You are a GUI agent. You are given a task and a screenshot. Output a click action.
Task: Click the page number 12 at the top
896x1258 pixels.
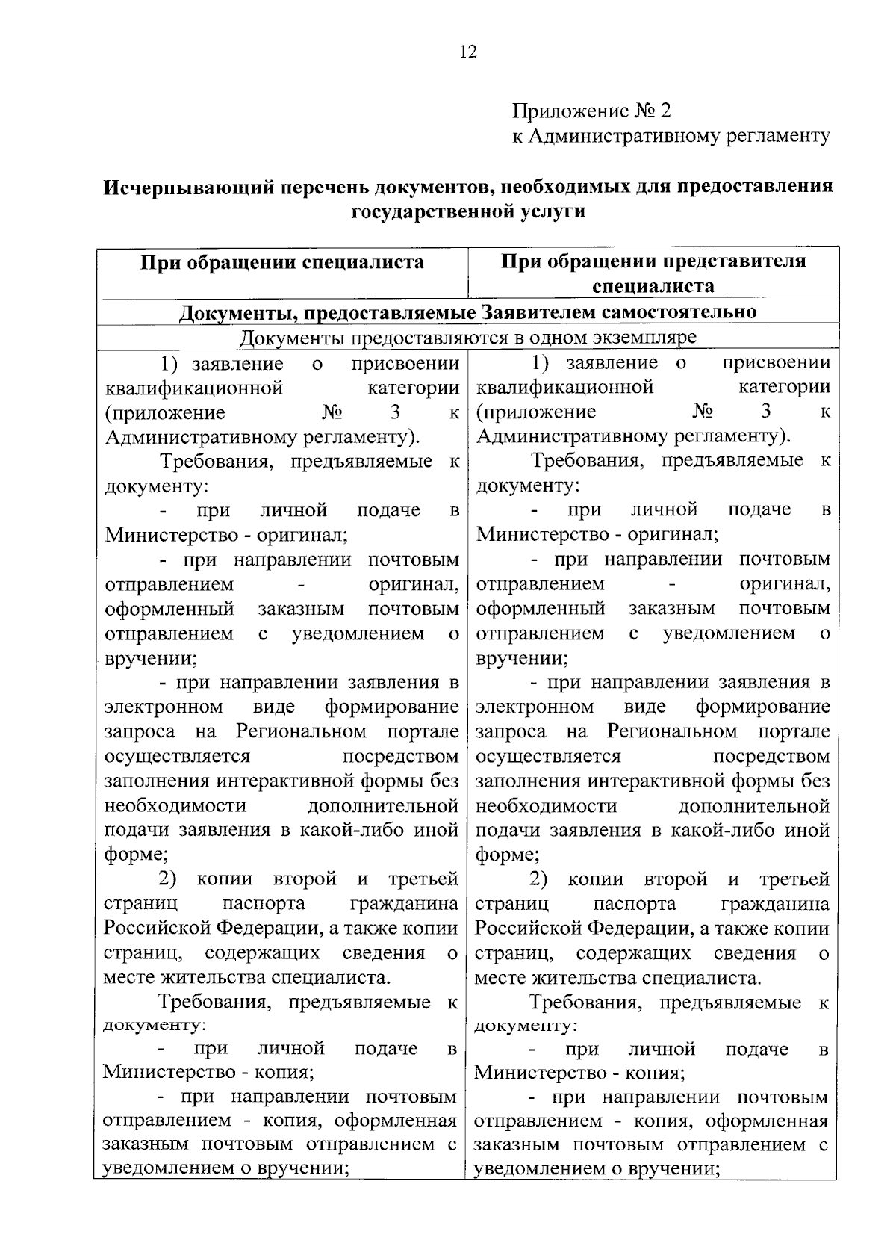pyautogui.click(x=468, y=52)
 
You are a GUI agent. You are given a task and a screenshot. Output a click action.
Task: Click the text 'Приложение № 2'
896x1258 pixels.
pyautogui.click(x=591, y=111)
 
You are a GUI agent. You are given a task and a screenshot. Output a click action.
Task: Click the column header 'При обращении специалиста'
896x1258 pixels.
pyautogui.click(x=283, y=262)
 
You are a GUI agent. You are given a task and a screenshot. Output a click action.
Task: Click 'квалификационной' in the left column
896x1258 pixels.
pyautogui.click(x=194, y=388)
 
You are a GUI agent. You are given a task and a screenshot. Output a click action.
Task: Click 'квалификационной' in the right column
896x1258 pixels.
pyautogui.click(x=565, y=387)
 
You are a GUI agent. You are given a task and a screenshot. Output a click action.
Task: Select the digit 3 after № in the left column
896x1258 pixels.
pyautogui.click(x=394, y=412)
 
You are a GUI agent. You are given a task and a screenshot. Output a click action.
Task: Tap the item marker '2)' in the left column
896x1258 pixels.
pyautogui.click(x=168, y=879)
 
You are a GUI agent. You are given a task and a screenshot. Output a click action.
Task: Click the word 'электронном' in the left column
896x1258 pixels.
pyautogui.click(x=164, y=707)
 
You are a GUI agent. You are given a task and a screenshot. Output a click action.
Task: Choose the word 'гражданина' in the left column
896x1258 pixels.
pyautogui.click(x=404, y=904)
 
